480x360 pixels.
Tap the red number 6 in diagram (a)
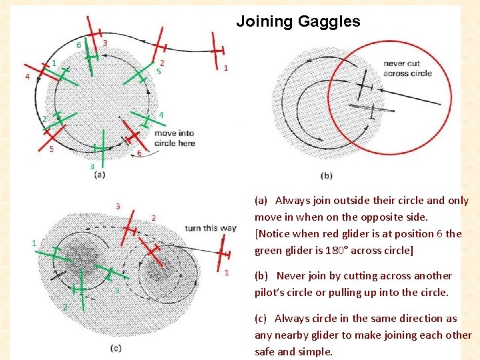click(139, 153)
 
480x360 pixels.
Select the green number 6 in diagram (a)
click(79, 45)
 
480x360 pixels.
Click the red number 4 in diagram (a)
click(27, 77)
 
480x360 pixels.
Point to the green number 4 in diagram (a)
click(161, 114)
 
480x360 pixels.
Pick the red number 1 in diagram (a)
click(226, 68)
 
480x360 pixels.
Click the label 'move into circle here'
click(174, 139)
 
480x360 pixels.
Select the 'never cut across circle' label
click(407, 69)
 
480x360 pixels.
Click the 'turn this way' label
click(211, 228)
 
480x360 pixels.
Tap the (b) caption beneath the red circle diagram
click(327, 175)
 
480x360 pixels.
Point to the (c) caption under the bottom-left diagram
click(116, 347)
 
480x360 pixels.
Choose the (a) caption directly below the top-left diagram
click(99, 175)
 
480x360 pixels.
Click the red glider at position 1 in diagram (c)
click(225, 254)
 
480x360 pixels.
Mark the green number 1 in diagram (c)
click(34, 243)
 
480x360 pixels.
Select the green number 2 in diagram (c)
click(65, 307)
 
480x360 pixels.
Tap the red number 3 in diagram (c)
click(118, 206)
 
